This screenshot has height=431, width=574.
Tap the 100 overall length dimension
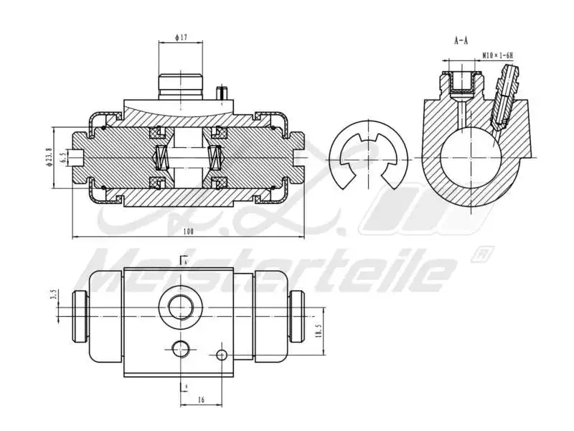tap(189, 231)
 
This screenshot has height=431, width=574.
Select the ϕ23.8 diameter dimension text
tap(49, 157)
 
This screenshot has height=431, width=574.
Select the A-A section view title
tap(461, 41)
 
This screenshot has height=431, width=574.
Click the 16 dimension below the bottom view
tap(200, 399)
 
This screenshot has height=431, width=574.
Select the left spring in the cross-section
tap(161, 157)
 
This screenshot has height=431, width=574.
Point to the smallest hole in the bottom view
tap(222, 354)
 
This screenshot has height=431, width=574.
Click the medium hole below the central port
tap(180, 349)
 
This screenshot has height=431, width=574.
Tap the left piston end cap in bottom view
tap(80, 315)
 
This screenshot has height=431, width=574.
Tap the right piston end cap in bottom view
tap(297, 315)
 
